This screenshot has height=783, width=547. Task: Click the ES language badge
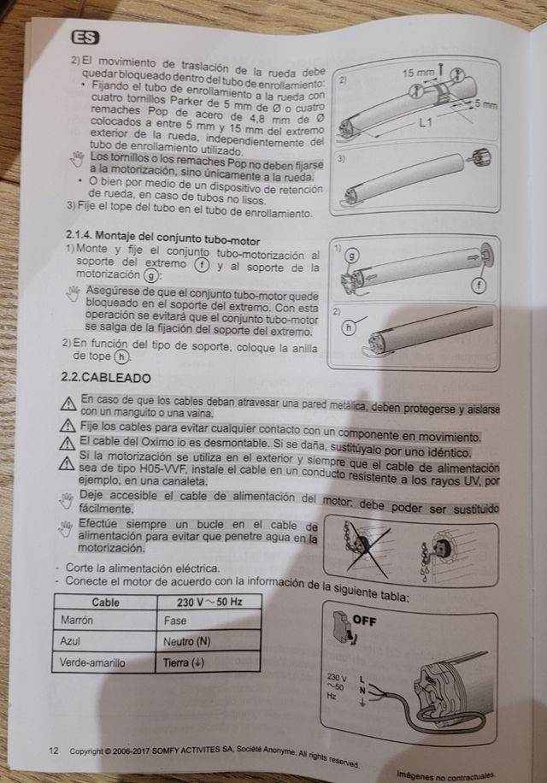[x=85, y=38]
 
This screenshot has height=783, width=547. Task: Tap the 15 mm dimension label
[x=418, y=73]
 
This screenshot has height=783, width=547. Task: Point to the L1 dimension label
[x=426, y=121]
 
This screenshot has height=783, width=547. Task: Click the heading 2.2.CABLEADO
[x=106, y=378]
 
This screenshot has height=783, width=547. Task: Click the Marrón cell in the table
[x=105, y=620]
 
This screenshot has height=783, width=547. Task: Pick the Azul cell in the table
[x=104, y=641]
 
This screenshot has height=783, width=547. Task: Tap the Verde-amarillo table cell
[x=103, y=662]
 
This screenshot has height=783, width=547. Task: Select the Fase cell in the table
[x=209, y=621]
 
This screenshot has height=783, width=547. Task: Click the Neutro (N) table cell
[x=209, y=641]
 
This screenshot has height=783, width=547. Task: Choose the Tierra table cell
[x=209, y=662]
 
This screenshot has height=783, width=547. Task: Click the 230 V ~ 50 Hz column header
[x=209, y=602]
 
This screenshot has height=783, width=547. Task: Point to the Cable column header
[x=105, y=602]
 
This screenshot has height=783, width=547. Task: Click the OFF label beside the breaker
[x=364, y=621]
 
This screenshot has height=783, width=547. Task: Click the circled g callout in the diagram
[x=352, y=256]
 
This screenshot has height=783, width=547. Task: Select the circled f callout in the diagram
[x=479, y=286]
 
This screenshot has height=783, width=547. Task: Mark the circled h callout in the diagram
[x=349, y=327]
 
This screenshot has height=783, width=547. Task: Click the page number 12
[x=53, y=751]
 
